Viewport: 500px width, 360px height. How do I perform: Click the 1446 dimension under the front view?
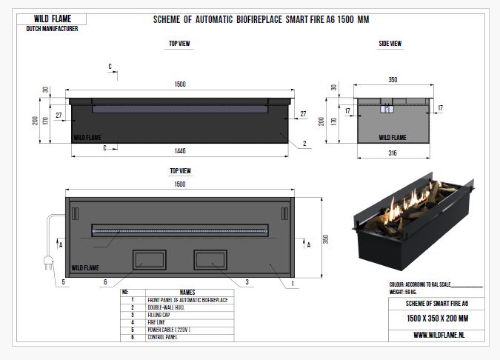pos(180,151)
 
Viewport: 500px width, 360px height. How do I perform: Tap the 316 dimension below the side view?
pos(393,153)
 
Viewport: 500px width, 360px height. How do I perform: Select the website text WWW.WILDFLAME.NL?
pos(439,335)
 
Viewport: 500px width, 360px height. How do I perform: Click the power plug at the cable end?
pos(48,263)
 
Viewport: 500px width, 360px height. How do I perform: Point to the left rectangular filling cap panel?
pos(149,259)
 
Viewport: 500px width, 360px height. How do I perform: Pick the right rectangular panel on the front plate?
pos(210,259)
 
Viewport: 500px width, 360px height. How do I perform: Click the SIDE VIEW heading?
pos(390,44)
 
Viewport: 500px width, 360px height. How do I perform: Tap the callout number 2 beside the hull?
pos(304,144)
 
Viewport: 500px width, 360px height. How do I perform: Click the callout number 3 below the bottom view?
pos(247,282)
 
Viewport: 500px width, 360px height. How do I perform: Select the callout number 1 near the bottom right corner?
pos(293,283)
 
